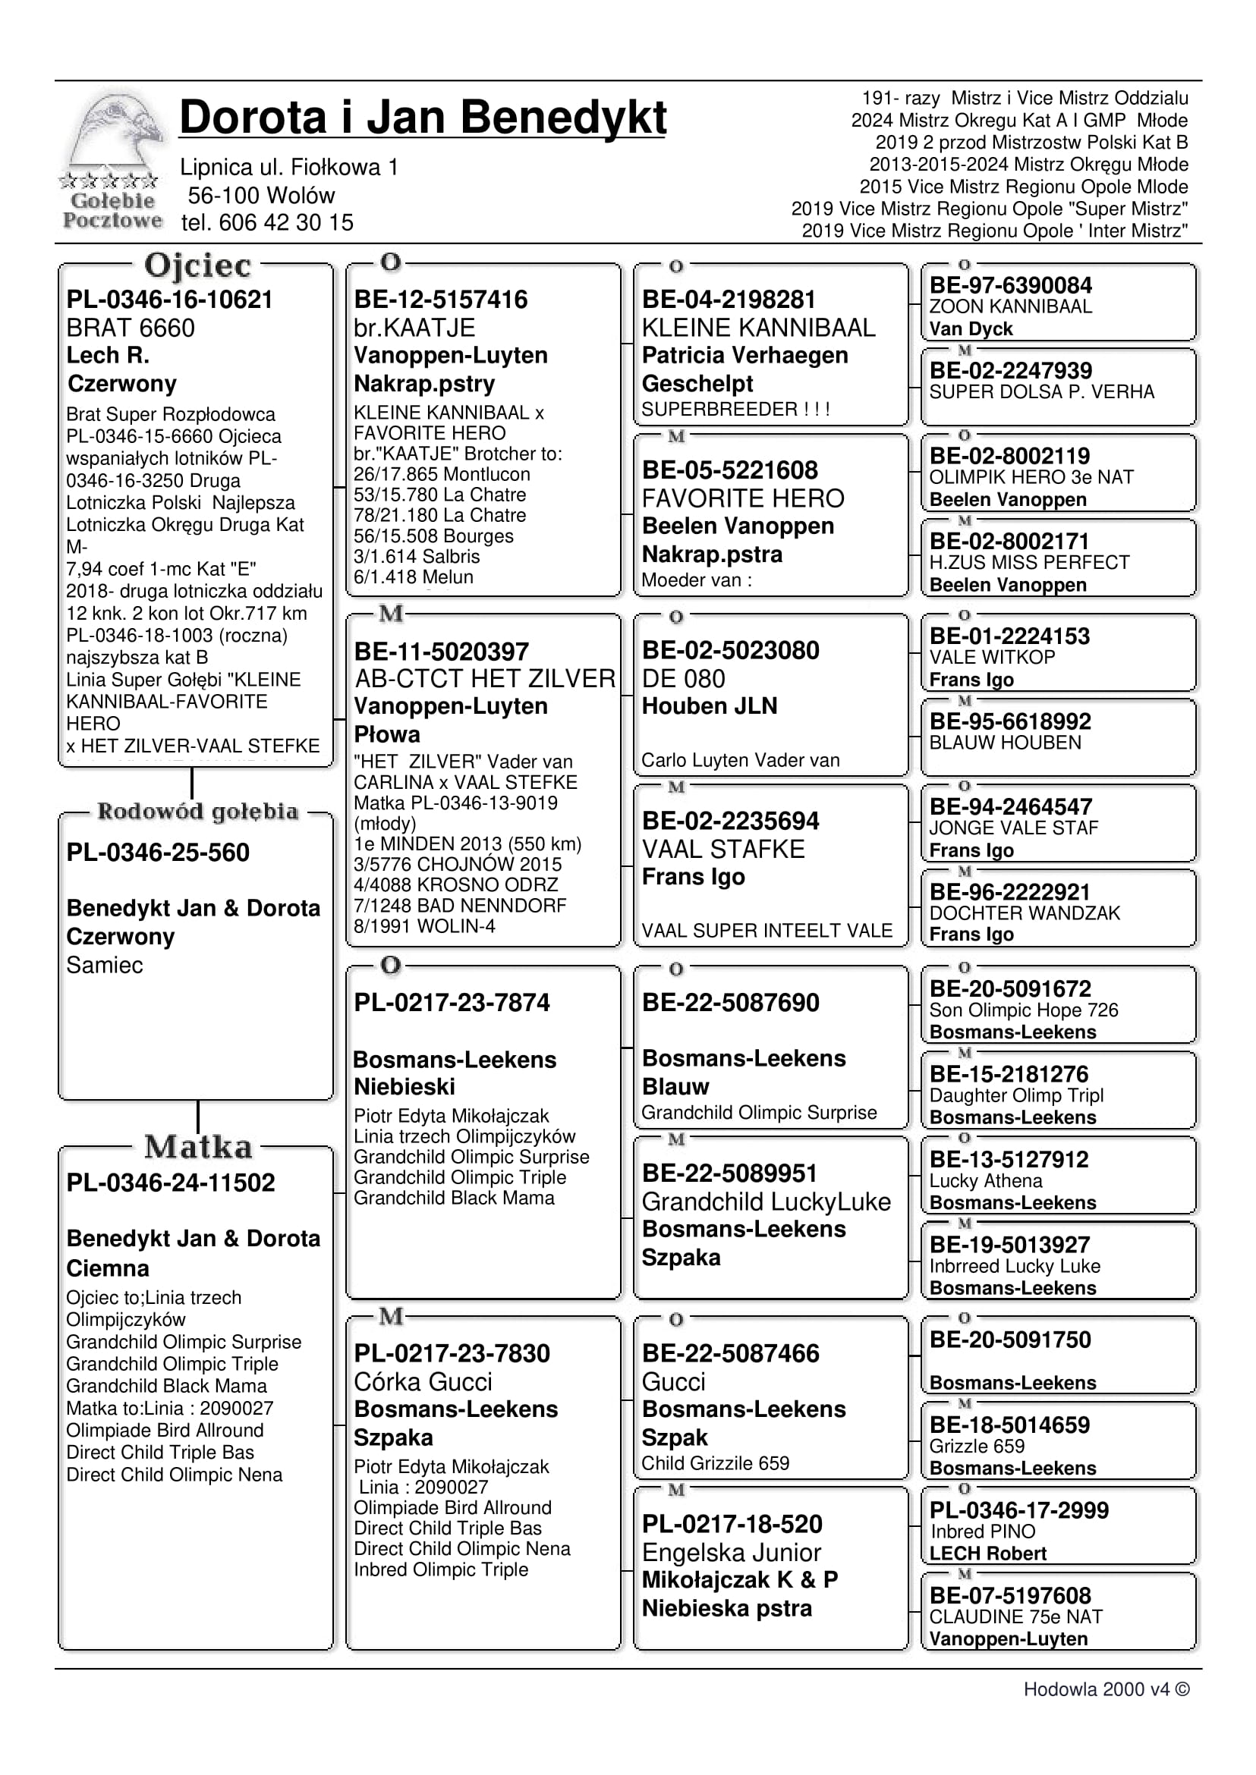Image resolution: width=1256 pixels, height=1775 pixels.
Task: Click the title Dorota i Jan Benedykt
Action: tap(422, 118)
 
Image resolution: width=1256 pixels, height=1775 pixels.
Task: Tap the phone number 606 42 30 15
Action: tap(285, 223)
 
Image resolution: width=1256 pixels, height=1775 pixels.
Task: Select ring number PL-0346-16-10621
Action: tap(169, 300)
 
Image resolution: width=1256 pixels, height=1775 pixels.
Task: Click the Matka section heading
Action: tap(198, 1147)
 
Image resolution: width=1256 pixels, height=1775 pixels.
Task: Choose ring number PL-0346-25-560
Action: tap(158, 853)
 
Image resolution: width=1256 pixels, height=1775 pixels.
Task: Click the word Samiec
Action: tap(105, 966)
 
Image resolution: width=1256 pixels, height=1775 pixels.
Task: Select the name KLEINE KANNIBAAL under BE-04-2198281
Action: tap(758, 328)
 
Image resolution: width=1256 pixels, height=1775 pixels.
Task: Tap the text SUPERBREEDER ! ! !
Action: tap(735, 409)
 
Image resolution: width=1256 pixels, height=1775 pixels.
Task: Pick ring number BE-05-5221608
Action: tap(729, 470)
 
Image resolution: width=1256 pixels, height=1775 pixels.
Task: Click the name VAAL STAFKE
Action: tap(723, 850)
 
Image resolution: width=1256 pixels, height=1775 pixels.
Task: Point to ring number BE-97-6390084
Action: tap(1010, 285)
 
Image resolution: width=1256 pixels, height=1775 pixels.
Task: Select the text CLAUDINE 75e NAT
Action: tap(1015, 1616)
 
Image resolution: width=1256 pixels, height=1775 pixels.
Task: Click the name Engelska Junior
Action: tap(731, 1552)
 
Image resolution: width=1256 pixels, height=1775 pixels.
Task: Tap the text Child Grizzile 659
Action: tap(716, 1463)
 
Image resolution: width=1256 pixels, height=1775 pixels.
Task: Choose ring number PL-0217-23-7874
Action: tap(452, 1003)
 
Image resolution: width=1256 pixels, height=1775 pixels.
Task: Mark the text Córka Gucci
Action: tap(423, 1381)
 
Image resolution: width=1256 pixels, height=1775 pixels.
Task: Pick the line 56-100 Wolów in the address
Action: tap(260, 196)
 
